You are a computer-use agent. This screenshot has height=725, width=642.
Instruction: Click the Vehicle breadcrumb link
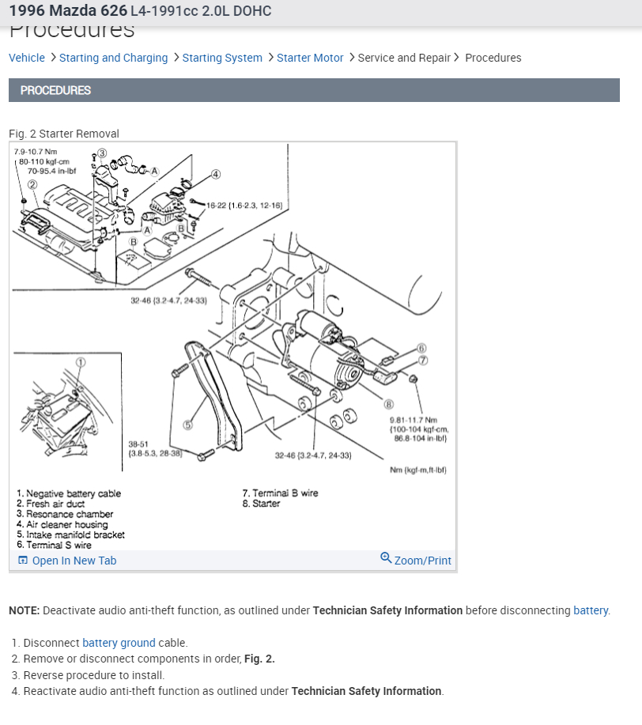pyautogui.click(x=27, y=58)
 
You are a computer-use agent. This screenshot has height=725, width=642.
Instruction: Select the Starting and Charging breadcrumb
pyautogui.click(x=113, y=58)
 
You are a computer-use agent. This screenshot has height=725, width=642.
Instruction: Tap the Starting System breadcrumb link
pyautogui.click(x=222, y=58)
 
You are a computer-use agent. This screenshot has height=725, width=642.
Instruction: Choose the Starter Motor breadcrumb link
pyautogui.click(x=310, y=58)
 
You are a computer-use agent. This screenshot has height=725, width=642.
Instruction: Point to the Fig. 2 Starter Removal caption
pyautogui.click(x=64, y=134)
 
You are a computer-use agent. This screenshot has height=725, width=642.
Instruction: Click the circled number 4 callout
pyautogui.click(x=216, y=174)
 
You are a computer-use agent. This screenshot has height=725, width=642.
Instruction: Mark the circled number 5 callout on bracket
pyautogui.click(x=187, y=425)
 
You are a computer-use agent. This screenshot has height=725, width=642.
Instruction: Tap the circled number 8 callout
pyautogui.click(x=389, y=405)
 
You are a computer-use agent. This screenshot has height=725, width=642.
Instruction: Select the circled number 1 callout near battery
pyautogui.click(x=81, y=362)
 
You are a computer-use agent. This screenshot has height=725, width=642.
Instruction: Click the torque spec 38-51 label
pyautogui.click(x=138, y=444)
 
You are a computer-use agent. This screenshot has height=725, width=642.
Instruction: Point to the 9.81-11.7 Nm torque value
pyautogui.click(x=413, y=420)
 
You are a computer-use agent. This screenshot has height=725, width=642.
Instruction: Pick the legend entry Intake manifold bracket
pyautogui.click(x=70, y=534)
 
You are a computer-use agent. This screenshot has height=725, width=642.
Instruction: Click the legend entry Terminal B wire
pyautogui.click(x=281, y=493)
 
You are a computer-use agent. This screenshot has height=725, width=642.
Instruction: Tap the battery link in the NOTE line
pyautogui.click(x=591, y=610)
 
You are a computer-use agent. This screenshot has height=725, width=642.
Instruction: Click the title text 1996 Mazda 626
pyautogui.click(x=67, y=11)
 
